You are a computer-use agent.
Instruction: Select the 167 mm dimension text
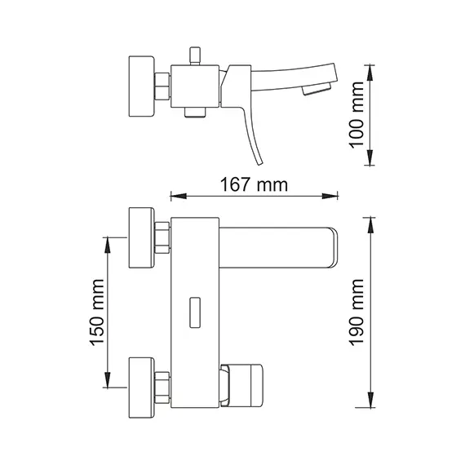(x=254, y=184)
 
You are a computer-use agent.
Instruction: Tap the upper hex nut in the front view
(x=163, y=237)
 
